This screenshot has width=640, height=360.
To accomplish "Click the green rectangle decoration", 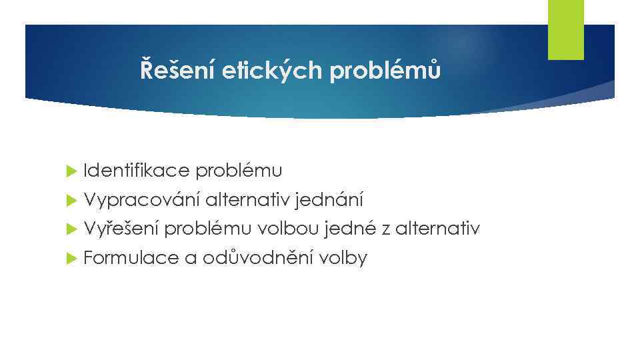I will [x=565, y=29].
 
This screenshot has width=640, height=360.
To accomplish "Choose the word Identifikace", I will [x=137, y=171].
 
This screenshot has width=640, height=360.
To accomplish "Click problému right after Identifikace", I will [x=239, y=171].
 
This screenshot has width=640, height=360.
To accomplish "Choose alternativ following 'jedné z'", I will [x=437, y=229].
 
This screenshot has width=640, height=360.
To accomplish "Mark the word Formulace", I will [x=131, y=258].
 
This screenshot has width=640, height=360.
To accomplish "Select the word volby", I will [x=343, y=258].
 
